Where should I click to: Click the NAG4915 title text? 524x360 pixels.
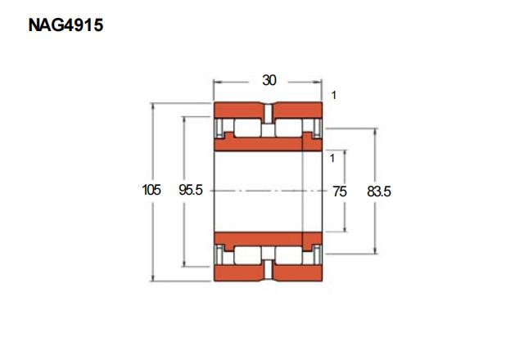click(x=65, y=25)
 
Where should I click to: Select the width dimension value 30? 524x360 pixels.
click(x=269, y=80)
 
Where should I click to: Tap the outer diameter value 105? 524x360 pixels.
click(x=151, y=190)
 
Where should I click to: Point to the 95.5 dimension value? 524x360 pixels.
click(x=191, y=190)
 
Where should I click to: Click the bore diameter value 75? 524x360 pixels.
click(x=340, y=191)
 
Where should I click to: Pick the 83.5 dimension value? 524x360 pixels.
click(x=378, y=191)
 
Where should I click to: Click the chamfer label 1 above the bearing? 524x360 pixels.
click(x=333, y=95)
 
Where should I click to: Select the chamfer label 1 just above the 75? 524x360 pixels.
click(x=332, y=158)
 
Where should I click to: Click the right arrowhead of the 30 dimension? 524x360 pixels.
click(x=318, y=82)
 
